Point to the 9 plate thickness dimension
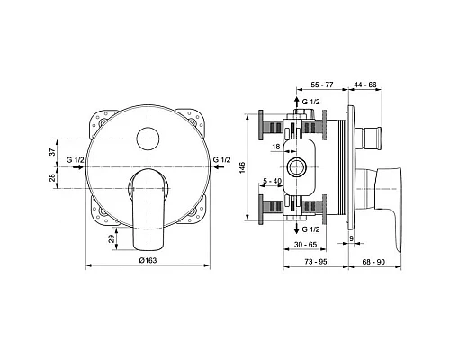tap(351, 238)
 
